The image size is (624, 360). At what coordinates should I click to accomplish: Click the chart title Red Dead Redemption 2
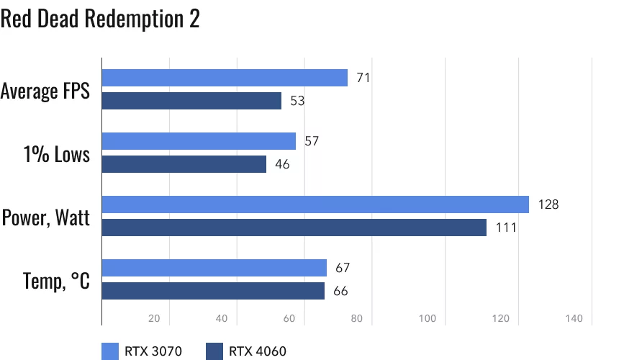coord(100,20)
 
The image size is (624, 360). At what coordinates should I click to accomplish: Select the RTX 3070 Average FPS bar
coord(225,78)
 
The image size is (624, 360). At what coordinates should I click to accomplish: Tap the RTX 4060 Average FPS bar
coord(191,101)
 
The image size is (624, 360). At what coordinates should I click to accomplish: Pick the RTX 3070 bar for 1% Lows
coord(199,141)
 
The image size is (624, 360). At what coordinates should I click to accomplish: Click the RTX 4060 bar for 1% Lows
coord(184,164)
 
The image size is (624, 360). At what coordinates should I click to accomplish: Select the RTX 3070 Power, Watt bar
coord(315,204)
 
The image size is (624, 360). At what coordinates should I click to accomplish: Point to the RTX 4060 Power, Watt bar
coord(294,228)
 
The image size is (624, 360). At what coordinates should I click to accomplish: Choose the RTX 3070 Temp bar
coord(214,268)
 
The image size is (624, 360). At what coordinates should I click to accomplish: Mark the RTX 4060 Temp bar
coord(213,291)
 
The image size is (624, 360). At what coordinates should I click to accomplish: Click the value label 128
coord(548,204)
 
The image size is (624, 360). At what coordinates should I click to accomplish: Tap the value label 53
coord(297,101)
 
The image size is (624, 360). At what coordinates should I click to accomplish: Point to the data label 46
coord(282,164)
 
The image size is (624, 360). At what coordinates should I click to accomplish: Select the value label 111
coord(506,228)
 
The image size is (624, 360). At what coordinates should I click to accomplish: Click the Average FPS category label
coord(45,92)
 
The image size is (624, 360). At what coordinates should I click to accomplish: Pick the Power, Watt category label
coord(46,217)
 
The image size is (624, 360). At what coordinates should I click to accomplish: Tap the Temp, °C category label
coord(57,280)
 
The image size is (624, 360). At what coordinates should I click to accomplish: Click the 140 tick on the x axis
coord(574,318)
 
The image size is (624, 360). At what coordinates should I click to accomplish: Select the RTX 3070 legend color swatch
coord(110,351)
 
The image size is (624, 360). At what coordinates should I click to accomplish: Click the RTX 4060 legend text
coord(258,351)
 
